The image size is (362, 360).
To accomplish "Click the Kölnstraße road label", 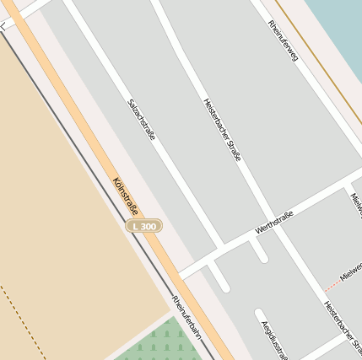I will [125, 196].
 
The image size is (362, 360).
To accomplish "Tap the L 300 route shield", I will [144, 226].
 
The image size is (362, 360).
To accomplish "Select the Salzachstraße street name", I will [141, 119].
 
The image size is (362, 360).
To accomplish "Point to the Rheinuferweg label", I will [283, 40].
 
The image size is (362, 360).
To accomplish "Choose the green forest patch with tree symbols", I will [160, 341].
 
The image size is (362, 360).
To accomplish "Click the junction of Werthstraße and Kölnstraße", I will [181, 276].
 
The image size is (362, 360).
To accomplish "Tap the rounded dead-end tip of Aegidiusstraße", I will [259, 314].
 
